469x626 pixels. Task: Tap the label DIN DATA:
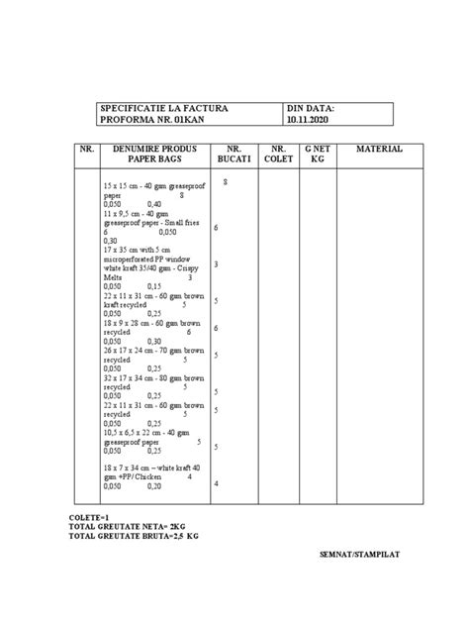coord(311,108)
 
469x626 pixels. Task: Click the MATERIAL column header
coord(379,149)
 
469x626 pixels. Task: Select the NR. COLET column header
coord(273,154)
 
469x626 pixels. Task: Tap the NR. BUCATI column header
coord(229,154)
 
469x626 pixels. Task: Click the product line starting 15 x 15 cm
coord(148,186)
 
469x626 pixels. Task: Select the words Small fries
coord(181,222)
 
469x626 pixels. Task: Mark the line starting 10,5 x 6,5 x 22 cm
coord(153,432)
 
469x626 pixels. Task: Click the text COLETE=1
coord(90,516)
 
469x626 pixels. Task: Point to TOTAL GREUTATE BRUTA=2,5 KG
coord(135,536)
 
